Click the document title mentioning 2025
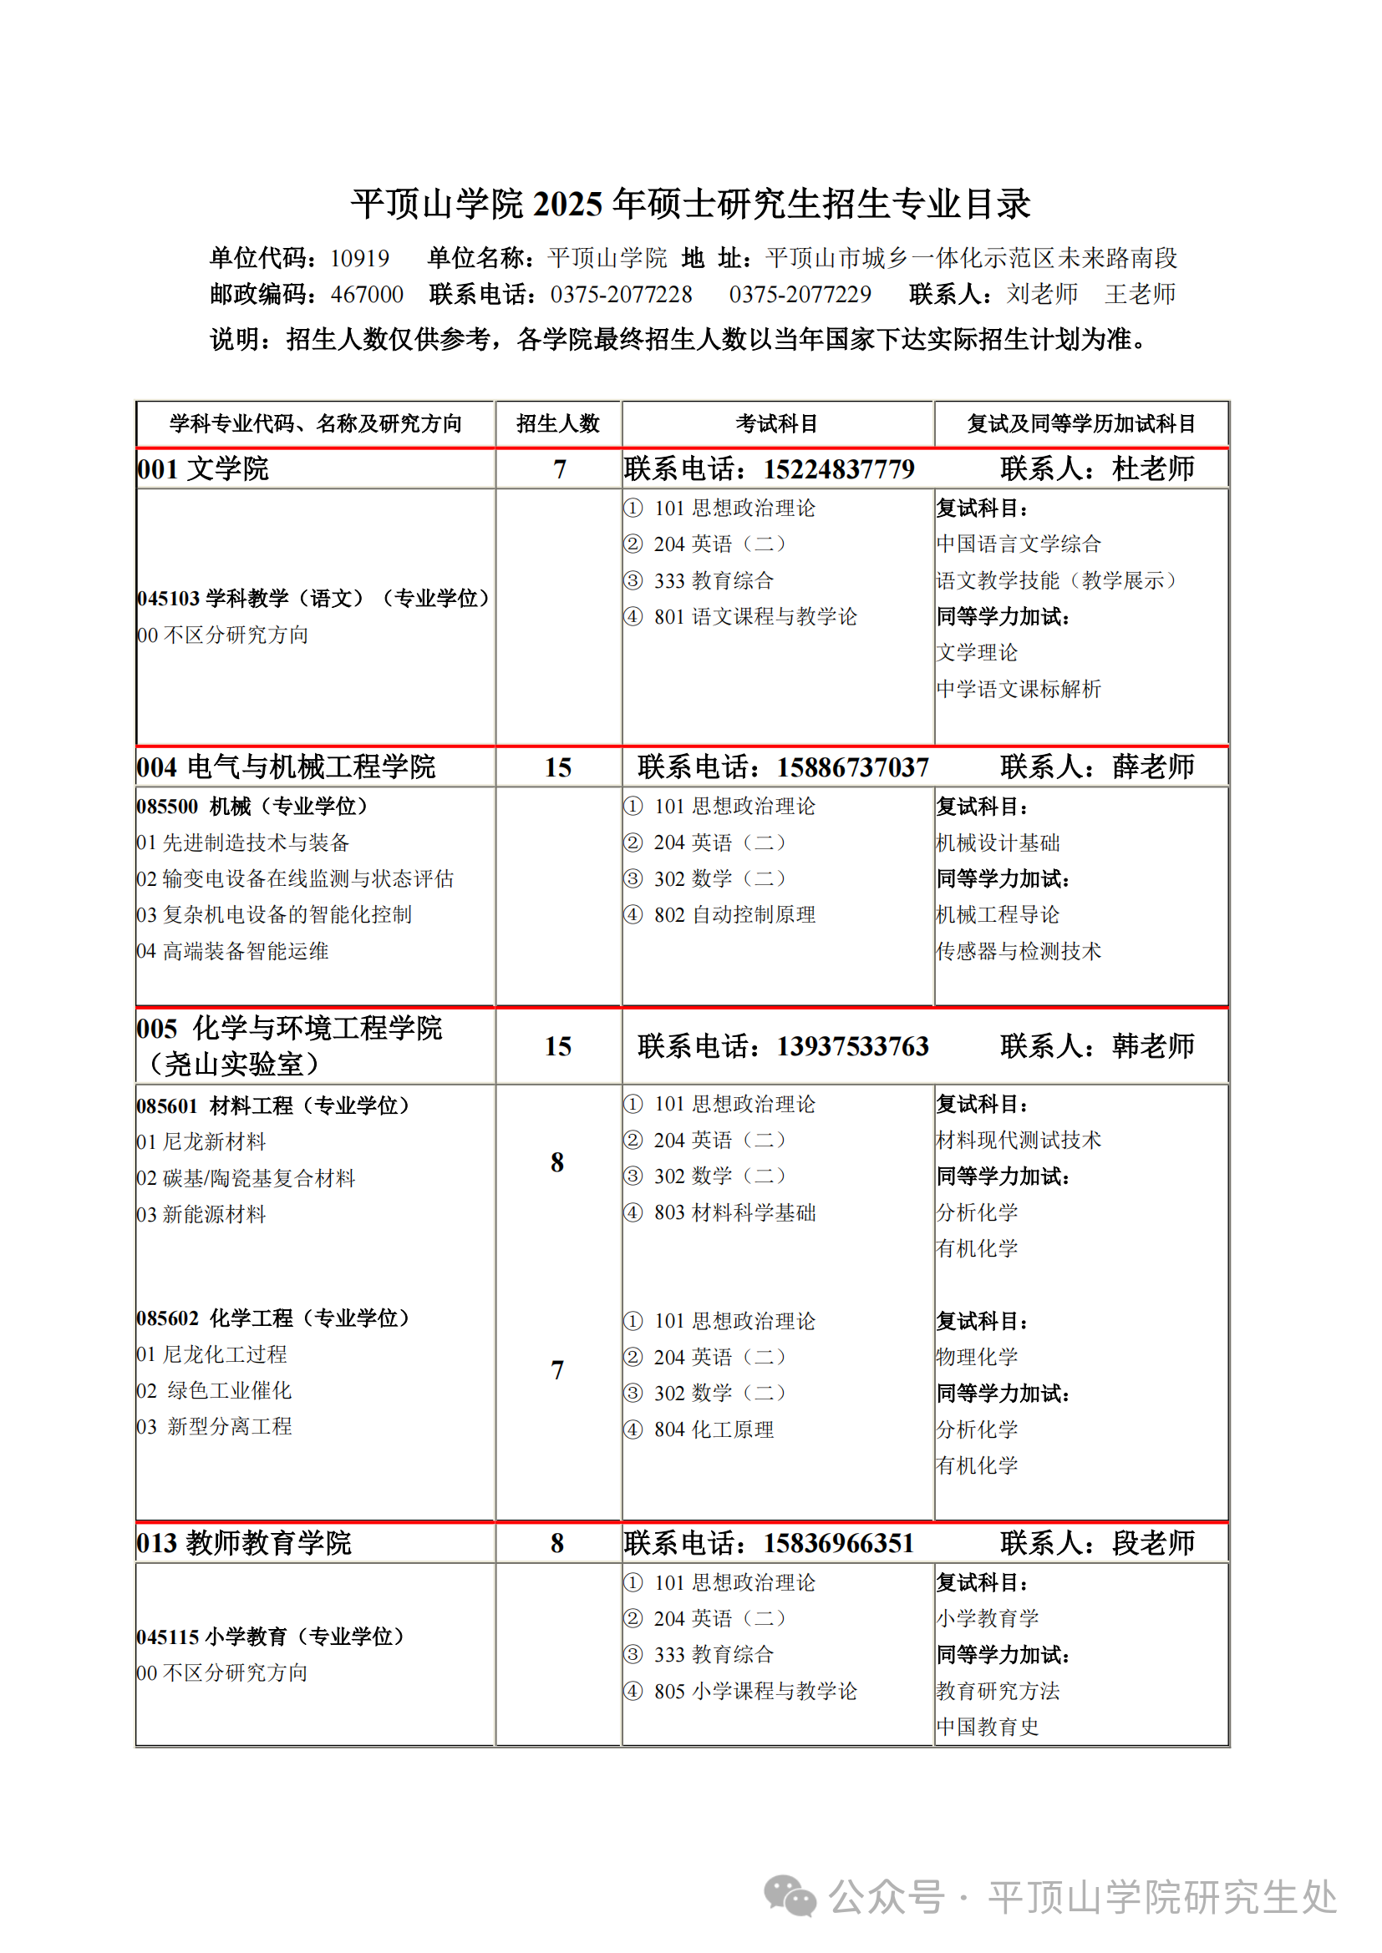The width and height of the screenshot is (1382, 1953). [690, 204]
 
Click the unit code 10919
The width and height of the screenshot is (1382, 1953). [359, 258]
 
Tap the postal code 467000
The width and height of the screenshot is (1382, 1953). [367, 294]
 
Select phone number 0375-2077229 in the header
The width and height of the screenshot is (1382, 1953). [800, 294]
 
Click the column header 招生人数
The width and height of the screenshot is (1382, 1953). [558, 423]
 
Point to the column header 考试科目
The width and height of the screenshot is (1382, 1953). [777, 423]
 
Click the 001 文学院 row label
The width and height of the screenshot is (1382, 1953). [202, 468]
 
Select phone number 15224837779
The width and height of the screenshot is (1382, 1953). [838, 468]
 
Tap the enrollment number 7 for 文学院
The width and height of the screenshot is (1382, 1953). [559, 469]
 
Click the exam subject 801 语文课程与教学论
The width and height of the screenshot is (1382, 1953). [755, 617]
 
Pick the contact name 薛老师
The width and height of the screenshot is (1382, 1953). [1153, 767]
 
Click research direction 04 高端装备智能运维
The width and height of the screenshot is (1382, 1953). [232, 951]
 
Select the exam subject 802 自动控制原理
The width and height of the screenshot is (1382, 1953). [734, 914]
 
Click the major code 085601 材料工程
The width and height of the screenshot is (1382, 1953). [272, 1106]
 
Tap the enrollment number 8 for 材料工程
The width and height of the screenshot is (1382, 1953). [557, 1162]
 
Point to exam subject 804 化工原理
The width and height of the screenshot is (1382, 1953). [713, 1429]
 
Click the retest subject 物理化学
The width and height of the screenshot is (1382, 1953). [977, 1357]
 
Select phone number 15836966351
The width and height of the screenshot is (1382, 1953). [838, 1543]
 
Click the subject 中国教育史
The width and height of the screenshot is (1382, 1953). [987, 1727]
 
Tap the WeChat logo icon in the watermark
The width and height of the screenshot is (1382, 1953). [790, 1897]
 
